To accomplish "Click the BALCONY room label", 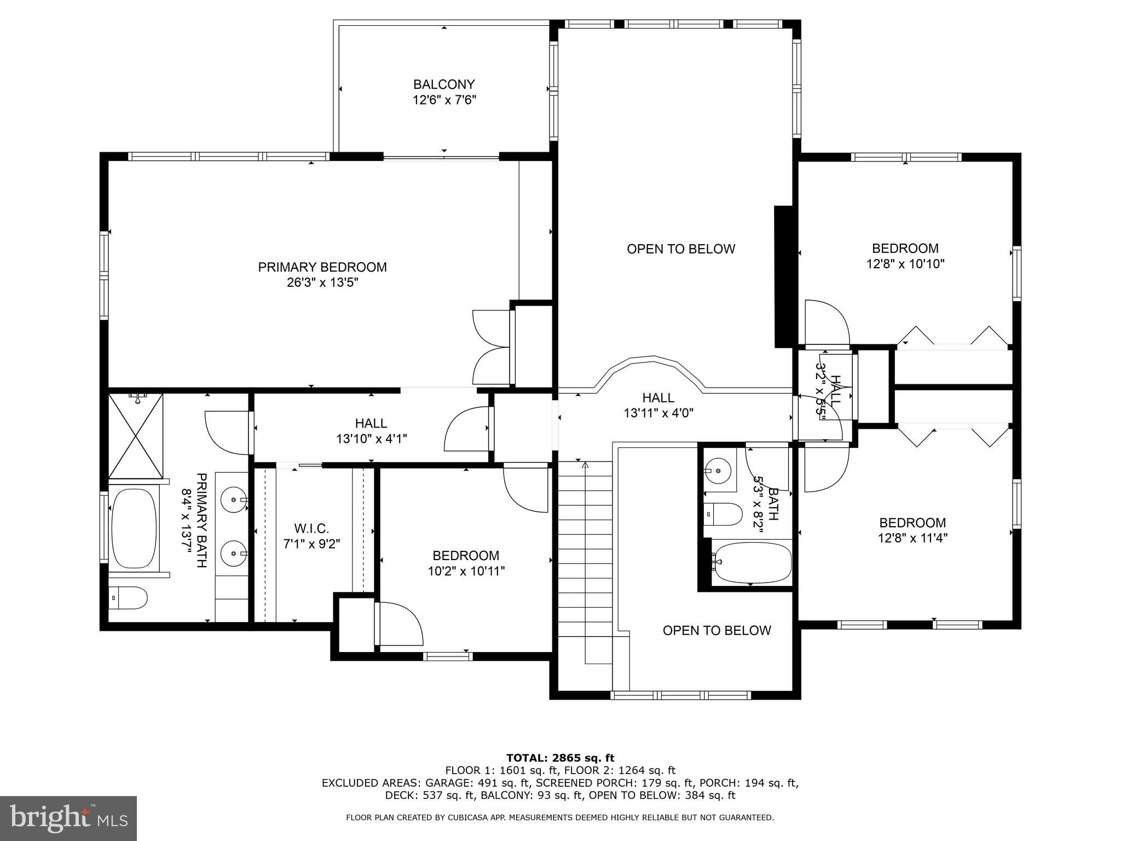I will [443, 85].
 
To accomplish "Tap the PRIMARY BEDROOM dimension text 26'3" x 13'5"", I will [322, 283].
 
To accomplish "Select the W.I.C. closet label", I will [311, 529].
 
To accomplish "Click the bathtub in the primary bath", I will [134, 528].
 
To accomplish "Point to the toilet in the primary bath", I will [128, 598].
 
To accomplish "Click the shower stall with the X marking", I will [136, 435].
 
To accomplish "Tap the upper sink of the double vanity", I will [234, 499].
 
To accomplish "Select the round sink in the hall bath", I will [718, 469].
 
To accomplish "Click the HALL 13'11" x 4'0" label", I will [658, 406].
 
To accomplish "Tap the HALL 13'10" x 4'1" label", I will [371, 431].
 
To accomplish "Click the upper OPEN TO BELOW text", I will [680, 249].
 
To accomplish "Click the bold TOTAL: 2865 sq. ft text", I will [560, 758].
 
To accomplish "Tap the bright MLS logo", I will [68, 819].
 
